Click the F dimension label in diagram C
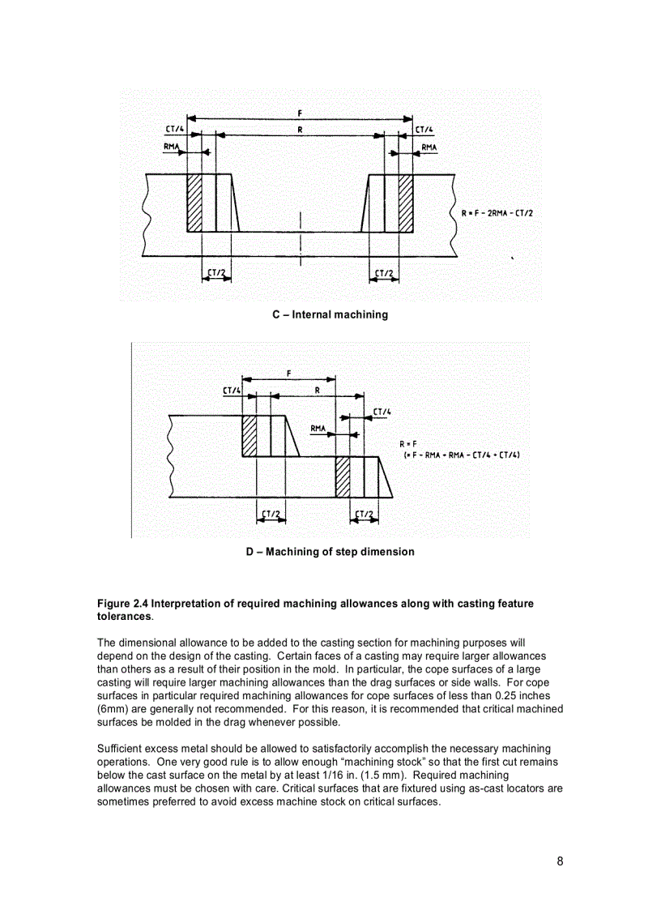click(x=301, y=113)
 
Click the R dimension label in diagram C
click(x=301, y=129)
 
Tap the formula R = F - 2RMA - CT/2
click(x=497, y=213)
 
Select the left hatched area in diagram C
click(x=194, y=203)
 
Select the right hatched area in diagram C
click(x=405, y=203)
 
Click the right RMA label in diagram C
click(x=429, y=147)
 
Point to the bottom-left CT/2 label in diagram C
click(x=215, y=272)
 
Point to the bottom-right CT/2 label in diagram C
click(x=385, y=272)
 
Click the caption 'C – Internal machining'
click(x=330, y=314)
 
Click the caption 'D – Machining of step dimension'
click(x=330, y=552)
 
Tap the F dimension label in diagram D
click(x=289, y=373)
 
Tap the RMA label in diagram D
click(x=319, y=428)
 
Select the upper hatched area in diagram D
click(x=249, y=436)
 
